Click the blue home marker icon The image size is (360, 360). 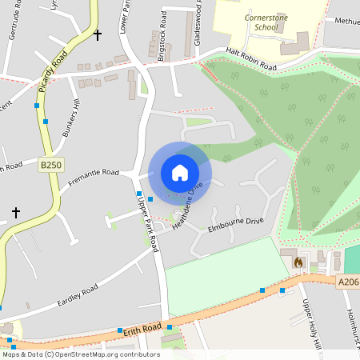tap(180, 172)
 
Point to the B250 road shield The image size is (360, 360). tap(50, 165)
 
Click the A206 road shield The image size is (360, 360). tap(347, 281)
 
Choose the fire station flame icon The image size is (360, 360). tap(298, 262)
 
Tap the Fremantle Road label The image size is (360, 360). tap(93, 172)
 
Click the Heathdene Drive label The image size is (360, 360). tap(185, 205)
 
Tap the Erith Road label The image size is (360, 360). tap(142, 327)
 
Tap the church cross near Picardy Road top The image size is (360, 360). tap(98, 35)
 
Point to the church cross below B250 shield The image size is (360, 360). tap(15, 213)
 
